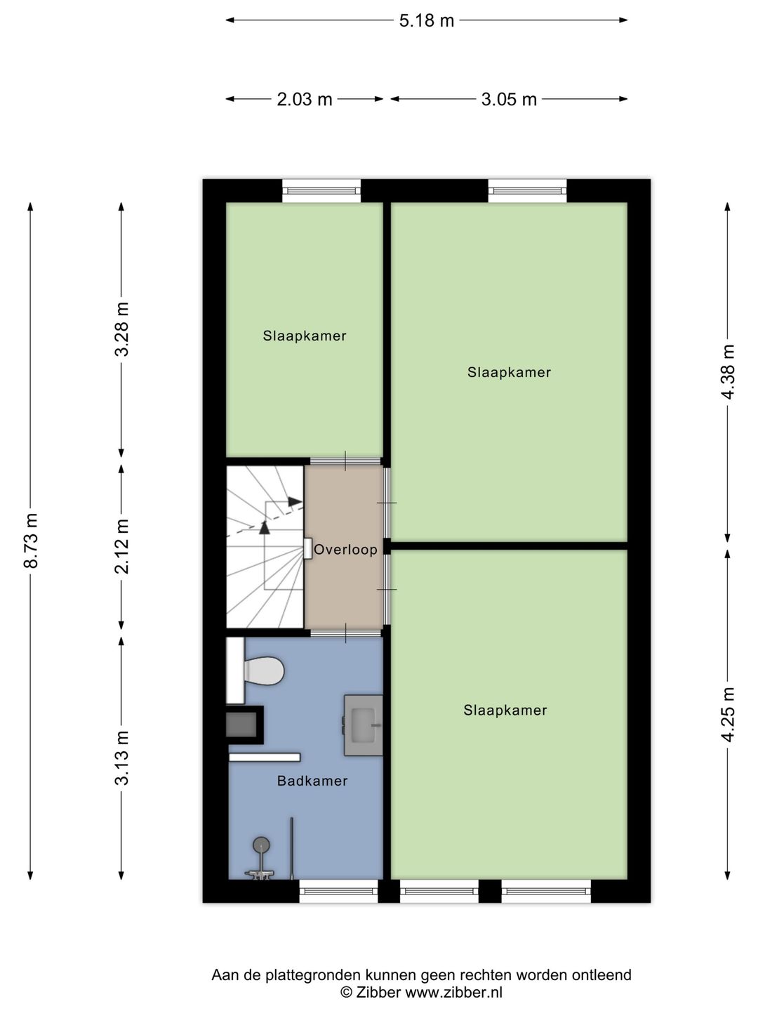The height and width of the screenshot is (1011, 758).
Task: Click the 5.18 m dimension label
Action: pos(426,20)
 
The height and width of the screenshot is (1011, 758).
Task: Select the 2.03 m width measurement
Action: pos(304,100)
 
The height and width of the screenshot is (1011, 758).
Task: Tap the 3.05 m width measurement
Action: pos(509,100)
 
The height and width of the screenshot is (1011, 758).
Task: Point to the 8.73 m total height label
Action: pos(31,541)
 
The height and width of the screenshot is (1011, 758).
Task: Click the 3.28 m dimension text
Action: pos(122,329)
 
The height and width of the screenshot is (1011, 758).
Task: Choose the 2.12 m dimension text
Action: pos(122,546)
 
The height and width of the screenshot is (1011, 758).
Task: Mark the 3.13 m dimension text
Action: pos(122,758)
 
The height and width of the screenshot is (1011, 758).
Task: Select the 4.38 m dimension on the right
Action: pos(728,371)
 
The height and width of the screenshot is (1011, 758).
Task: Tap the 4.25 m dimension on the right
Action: pos(728,714)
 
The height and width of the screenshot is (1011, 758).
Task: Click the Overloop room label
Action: pos(345,550)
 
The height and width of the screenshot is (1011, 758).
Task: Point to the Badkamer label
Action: pos(312,781)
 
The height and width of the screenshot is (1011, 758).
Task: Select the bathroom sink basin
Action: pos(364,725)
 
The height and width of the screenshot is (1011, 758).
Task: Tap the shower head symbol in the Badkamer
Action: pos(261,845)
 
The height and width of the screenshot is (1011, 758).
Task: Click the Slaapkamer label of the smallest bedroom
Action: pos(305,336)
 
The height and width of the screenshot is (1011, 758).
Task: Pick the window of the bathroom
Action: pos(338,891)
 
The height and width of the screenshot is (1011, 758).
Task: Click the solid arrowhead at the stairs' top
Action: pos(295,501)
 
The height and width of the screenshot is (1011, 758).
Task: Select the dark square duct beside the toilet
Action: pos(241,725)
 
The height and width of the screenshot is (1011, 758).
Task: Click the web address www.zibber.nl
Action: pos(453,992)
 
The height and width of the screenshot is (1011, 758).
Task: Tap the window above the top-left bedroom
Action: pos(321,190)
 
